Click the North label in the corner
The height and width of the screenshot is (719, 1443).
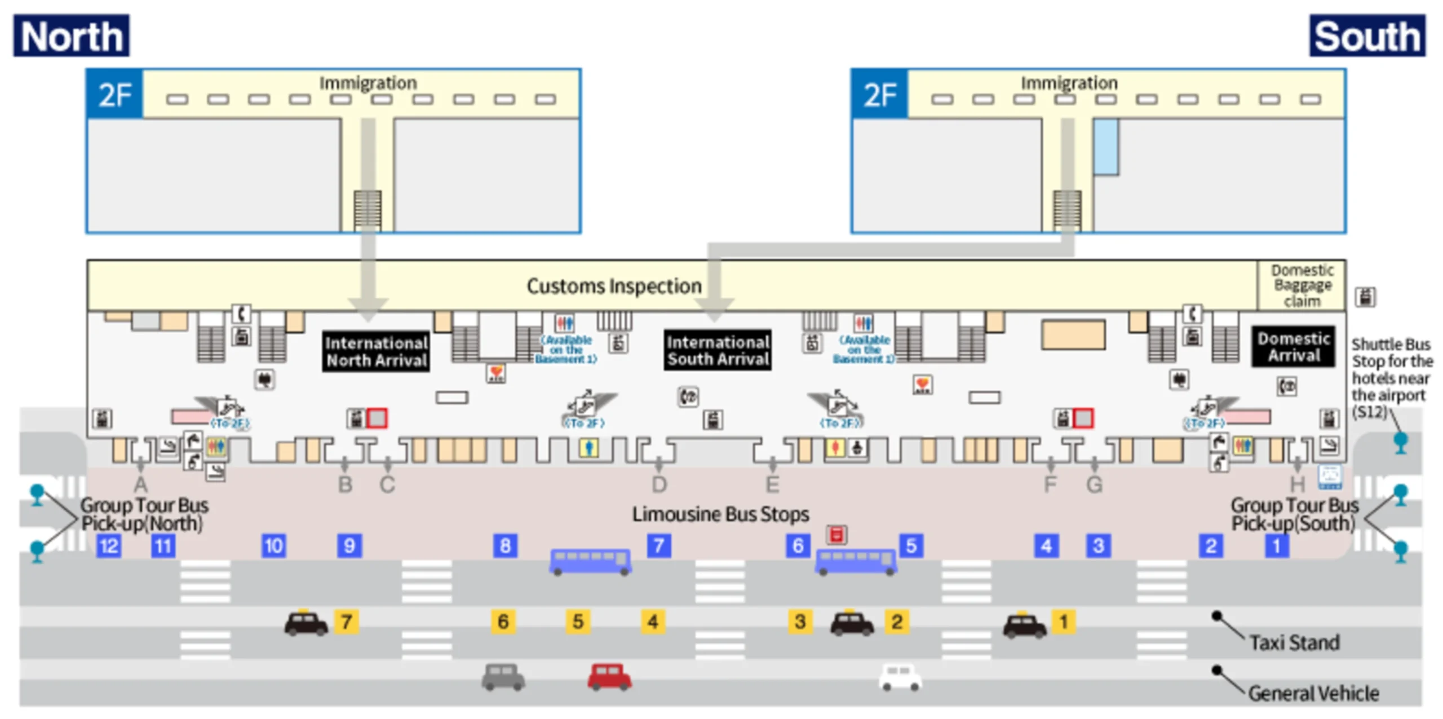point(72,36)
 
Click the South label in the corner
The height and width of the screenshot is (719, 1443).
point(1367,36)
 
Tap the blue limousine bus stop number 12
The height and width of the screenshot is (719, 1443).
point(108,545)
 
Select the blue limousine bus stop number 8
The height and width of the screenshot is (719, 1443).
point(505,545)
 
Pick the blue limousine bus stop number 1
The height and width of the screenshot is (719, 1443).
point(1276,545)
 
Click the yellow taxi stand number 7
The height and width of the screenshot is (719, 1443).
point(346,621)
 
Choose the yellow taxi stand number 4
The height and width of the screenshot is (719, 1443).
point(653,621)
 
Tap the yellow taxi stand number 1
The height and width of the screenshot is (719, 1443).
point(1064,621)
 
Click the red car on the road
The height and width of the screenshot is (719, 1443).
point(609,677)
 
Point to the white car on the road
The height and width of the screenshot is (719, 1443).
point(900,677)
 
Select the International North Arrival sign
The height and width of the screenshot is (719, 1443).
point(376,351)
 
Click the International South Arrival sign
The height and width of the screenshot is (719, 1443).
point(718,350)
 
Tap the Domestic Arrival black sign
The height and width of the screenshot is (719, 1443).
point(1293,347)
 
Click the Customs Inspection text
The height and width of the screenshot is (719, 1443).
point(614,286)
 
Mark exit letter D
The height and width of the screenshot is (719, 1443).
point(659,484)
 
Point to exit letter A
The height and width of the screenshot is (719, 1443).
point(140,484)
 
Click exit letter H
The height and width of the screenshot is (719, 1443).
point(1298,484)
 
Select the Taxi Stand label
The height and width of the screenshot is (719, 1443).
point(1294,642)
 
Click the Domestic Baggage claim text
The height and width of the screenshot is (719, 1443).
point(1302,285)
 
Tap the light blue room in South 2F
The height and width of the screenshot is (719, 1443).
point(1106,147)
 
